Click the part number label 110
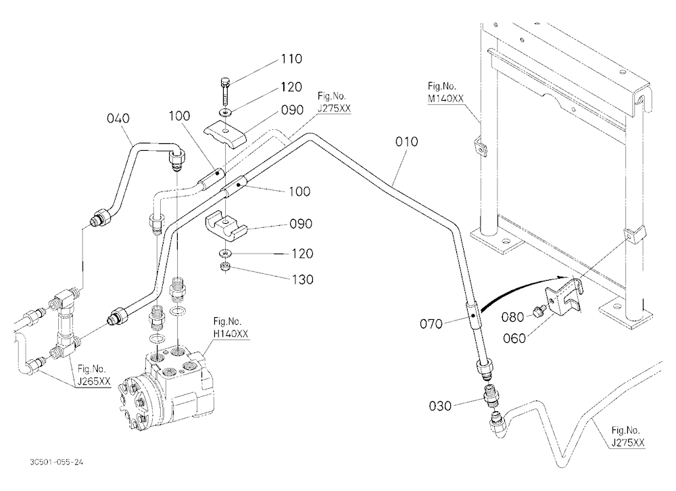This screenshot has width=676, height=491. coord(291,59)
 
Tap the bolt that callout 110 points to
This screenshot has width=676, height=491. coord(225,91)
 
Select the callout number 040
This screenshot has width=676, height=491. coord(118,118)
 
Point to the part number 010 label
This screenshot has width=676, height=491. coord(406,141)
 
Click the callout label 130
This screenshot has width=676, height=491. coord(303,279)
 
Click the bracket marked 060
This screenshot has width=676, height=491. coord(564,298)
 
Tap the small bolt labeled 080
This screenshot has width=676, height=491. coord(538,310)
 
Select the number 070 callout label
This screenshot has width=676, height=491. coord(431,323)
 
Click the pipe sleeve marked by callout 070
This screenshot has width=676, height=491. coord(473,316)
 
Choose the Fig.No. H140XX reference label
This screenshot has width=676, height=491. coord(231,327)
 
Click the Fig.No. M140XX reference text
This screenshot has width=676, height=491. coord(445,93)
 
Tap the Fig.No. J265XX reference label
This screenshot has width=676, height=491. coord(93,375)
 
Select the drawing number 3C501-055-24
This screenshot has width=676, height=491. coord(57,462)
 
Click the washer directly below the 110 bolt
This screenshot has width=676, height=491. coord(225,113)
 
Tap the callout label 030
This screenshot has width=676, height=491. coord(440,406)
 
